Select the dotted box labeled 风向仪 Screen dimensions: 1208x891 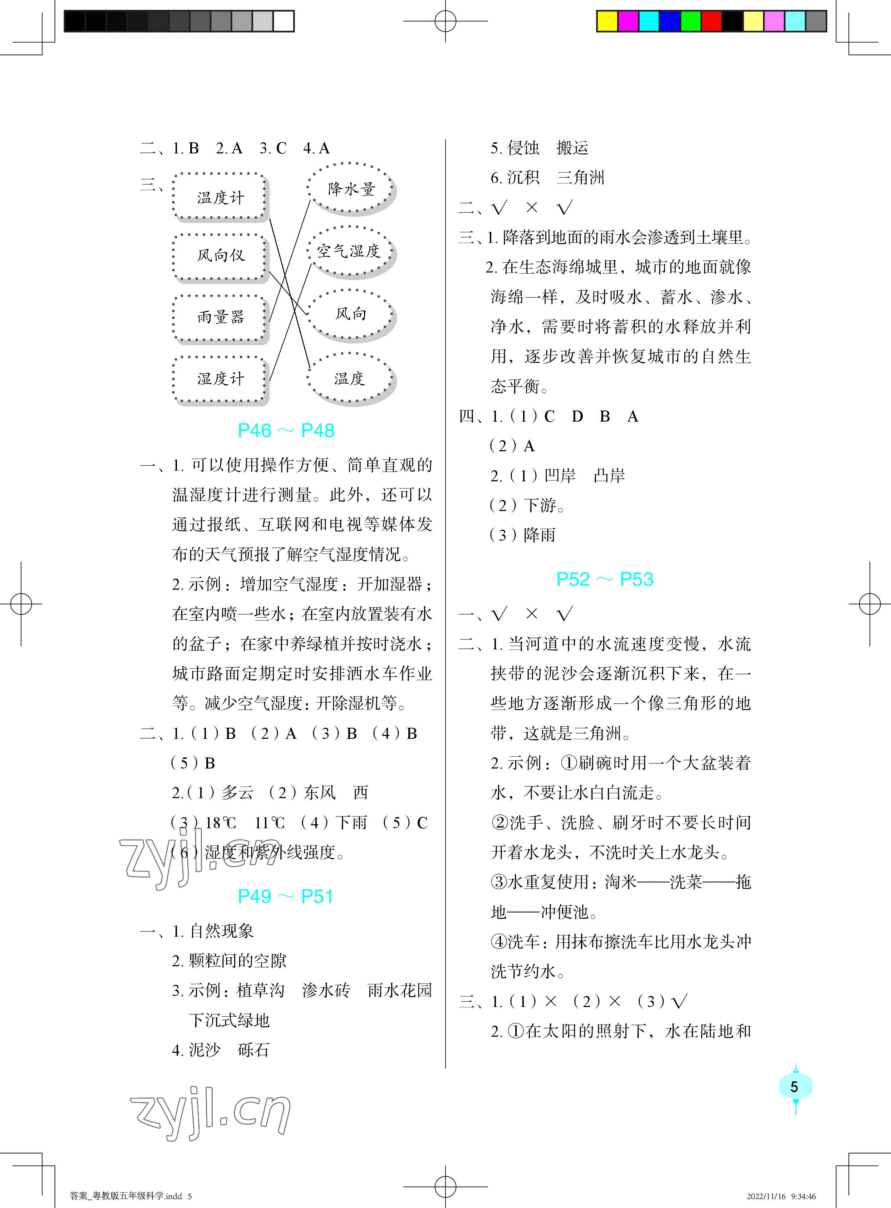click(x=220, y=256)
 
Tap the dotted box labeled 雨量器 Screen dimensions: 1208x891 click(x=220, y=317)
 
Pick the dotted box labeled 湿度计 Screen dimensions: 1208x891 click(x=220, y=379)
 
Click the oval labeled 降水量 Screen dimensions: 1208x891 click(x=351, y=189)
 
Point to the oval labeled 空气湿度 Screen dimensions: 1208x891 click(x=349, y=251)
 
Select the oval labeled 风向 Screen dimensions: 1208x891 click(x=351, y=314)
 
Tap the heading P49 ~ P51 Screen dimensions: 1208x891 click(x=286, y=896)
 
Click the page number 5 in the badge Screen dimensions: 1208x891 click(x=794, y=1087)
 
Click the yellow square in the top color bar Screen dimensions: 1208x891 click(x=607, y=21)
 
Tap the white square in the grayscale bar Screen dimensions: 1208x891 click(x=284, y=21)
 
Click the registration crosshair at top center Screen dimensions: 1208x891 click(x=445, y=21)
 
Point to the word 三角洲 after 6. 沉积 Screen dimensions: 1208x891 click(x=580, y=177)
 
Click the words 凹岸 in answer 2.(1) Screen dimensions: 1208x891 click(x=560, y=476)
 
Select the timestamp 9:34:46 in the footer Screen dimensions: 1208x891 click(x=804, y=1196)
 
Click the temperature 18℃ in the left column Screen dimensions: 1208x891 click(x=221, y=823)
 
